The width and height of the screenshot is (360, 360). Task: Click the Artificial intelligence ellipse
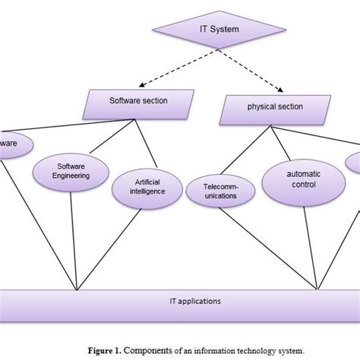click(x=147, y=188)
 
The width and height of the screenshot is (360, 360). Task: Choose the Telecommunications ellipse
click(x=221, y=190)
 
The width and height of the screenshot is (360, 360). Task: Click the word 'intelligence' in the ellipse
click(x=147, y=192)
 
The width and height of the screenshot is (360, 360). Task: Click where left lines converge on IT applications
click(x=77, y=289)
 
